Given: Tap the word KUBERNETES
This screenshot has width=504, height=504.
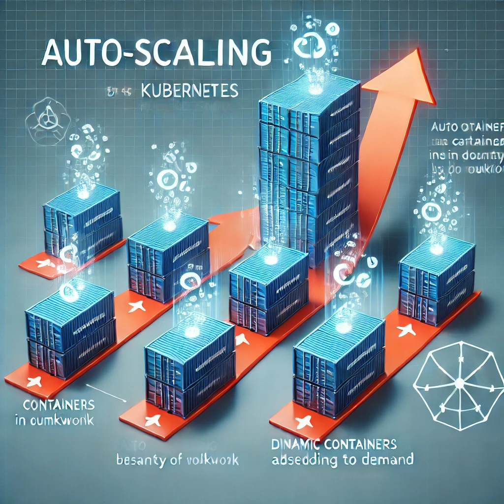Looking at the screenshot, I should coord(189,91).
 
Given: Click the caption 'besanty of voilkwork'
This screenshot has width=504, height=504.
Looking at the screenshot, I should coord(178,460).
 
